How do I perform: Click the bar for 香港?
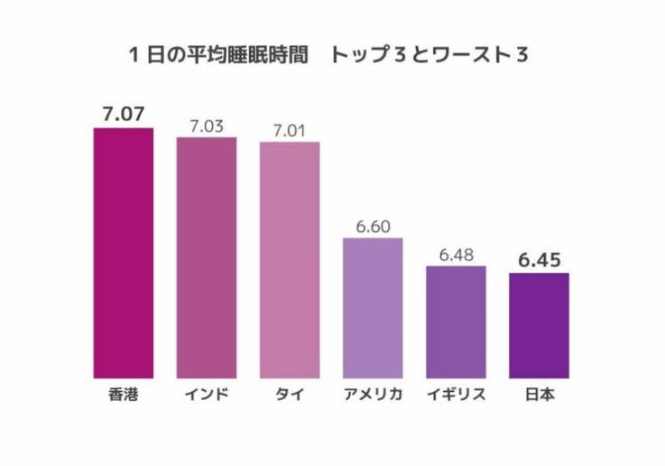124,253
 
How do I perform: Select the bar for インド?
207,257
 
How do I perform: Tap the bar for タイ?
290,260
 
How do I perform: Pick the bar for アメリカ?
373,308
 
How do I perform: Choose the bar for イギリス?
456,322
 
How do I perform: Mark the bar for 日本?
539,325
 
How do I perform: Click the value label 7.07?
124,115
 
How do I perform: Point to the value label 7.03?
207,126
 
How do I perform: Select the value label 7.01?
290,130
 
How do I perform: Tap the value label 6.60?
373,226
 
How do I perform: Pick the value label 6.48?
456,254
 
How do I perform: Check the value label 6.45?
539,260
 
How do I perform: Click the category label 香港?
124,395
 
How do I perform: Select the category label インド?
207,395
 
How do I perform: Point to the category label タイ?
290,395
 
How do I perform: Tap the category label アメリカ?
373,395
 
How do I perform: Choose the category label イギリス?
456,395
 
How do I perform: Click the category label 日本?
539,395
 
